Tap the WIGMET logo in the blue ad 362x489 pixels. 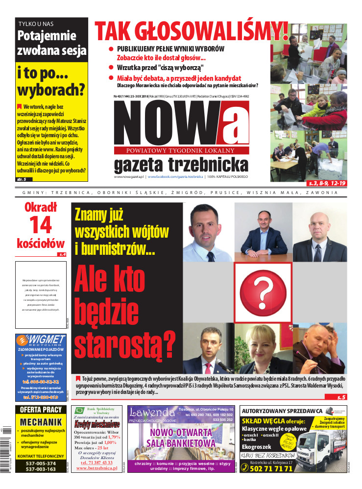pyautogui.click(x=41, y=340)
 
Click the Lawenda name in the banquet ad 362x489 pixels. pyautogui.click(x=152, y=412)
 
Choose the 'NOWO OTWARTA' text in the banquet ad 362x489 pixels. pyautogui.click(x=181, y=433)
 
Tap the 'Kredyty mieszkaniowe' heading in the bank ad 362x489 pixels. pyautogui.click(x=97, y=424)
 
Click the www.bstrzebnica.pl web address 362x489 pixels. pyautogui.click(x=97, y=468)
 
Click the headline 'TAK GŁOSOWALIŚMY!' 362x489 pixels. pyautogui.click(x=191, y=31)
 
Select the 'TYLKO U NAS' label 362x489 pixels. pyautogui.click(x=36, y=24)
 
